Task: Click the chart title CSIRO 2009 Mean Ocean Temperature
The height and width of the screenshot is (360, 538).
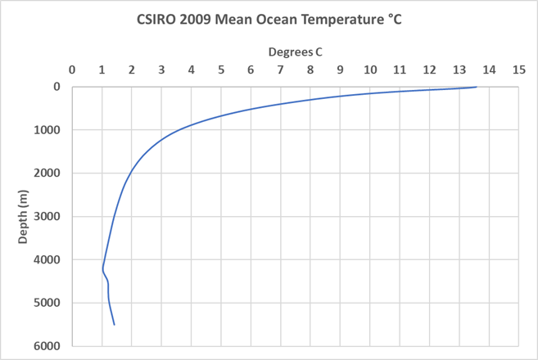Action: click(x=269, y=18)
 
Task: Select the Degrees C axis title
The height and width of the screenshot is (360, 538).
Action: click(x=296, y=52)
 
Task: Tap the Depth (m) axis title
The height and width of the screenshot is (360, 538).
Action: click(x=25, y=216)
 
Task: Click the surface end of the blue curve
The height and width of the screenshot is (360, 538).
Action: click(x=476, y=88)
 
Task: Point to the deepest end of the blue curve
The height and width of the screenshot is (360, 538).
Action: click(x=114, y=325)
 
